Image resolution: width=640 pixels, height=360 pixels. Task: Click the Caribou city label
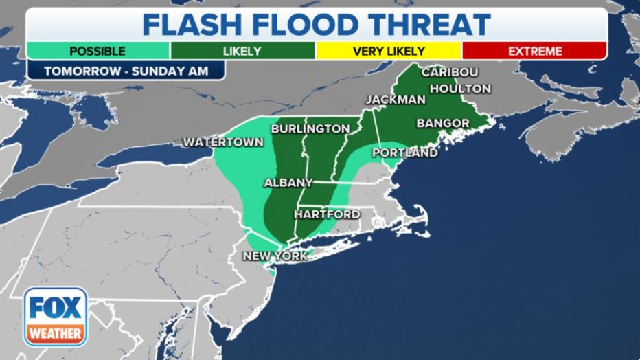(450, 72)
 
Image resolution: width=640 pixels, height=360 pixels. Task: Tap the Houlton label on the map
(460, 89)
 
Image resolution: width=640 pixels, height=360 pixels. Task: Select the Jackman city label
(396, 100)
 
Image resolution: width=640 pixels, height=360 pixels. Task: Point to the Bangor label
(443, 123)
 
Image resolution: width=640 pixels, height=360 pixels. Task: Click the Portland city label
(404, 153)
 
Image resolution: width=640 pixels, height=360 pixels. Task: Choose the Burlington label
(310, 128)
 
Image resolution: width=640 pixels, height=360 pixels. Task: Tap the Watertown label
(222, 142)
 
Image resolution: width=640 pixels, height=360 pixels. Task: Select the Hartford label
(327, 214)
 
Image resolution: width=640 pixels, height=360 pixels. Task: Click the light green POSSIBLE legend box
(98, 51)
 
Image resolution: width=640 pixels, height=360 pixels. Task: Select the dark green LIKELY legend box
(242, 51)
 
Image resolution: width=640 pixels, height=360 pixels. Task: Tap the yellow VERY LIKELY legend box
(389, 51)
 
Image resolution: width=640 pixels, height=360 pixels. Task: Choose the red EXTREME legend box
(534, 51)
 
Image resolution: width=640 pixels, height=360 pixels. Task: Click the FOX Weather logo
(56, 316)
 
